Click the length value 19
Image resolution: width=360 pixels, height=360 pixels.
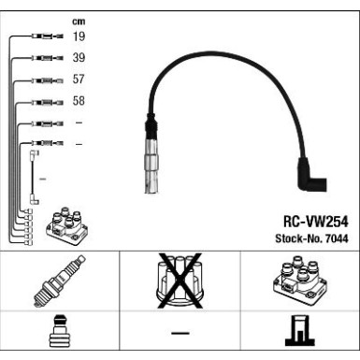[x=79, y=37]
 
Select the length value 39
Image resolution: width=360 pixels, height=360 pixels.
[x=79, y=59]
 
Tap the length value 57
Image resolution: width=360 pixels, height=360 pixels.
[x=79, y=80]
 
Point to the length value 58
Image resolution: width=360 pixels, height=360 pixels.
[x=79, y=102]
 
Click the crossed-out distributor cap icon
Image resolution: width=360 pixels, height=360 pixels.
[x=179, y=281]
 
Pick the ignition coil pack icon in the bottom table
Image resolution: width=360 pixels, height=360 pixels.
[x=299, y=281]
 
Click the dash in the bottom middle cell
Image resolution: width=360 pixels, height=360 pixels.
[x=180, y=334]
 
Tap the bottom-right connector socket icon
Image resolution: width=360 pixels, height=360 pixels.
[x=299, y=334]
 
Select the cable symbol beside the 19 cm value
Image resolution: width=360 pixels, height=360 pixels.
[x=47, y=37]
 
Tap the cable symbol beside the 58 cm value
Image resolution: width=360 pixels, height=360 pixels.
[x=47, y=102]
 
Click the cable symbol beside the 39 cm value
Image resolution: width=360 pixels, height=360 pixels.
[x=47, y=59]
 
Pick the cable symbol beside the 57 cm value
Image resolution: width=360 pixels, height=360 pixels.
[x=47, y=80]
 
